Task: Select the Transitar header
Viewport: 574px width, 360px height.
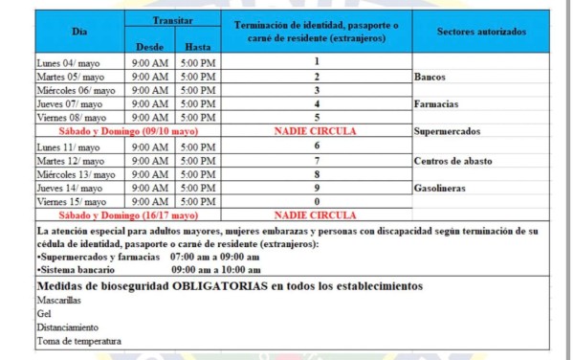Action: point(173,19)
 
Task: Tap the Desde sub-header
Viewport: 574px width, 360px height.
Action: point(151,45)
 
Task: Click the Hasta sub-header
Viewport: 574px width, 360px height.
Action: point(198,45)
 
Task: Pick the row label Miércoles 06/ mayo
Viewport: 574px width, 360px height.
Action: point(77,89)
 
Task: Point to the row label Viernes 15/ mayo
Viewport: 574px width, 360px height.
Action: point(72,202)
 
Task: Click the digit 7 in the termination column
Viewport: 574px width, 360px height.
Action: point(316,160)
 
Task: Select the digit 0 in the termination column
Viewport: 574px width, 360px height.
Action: point(316,202)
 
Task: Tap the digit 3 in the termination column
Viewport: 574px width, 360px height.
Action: point(316,89)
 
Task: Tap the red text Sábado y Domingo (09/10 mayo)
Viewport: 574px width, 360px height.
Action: point(128,130)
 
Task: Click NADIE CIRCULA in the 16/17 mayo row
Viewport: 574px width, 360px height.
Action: point(316,215)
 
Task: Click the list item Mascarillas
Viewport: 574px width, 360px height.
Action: point(58,301)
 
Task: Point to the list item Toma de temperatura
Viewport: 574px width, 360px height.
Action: point(78,341)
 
